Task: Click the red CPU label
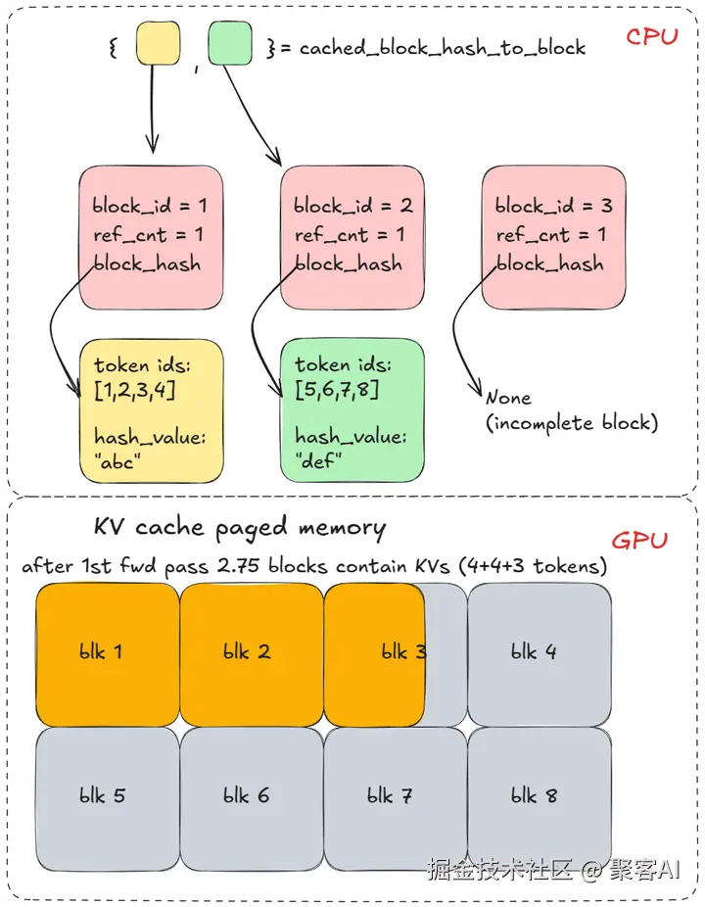pyautogui.click(x=652, y=36)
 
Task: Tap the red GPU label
pyautogui.click(x=639, y=541)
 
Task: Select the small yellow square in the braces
pyautogui.click(x=158, y=43)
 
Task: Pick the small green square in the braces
pyautogui.click(x=230, y=43)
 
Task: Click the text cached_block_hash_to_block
pyautogui.click(x=443, y=47)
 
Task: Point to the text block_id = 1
pyautogui.click(x=150, y=206)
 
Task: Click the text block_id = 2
pyautogui.click(x=352, y=206)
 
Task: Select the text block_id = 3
pyautogui.click(x=553, y=206)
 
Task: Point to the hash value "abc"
pyautogui.click(x=117, y=461)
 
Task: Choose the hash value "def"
pyautogui.click(x=318, y=461)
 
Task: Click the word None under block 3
pyautogui.click(x=508, y=398)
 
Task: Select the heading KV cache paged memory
pyautogui.click(x=240, y=528)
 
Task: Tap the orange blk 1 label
pyautogui.click(x=101, y=652)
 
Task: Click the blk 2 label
pyautogui.click(x=247, y=652)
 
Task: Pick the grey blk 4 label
pyautogui.click(x=534, y=652)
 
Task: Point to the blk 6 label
pyautogui.click(x=247, y=796)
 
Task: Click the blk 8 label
pyautogui.click(x=534, y=796)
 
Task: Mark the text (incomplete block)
pyautogui.click(x=572, y=423)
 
